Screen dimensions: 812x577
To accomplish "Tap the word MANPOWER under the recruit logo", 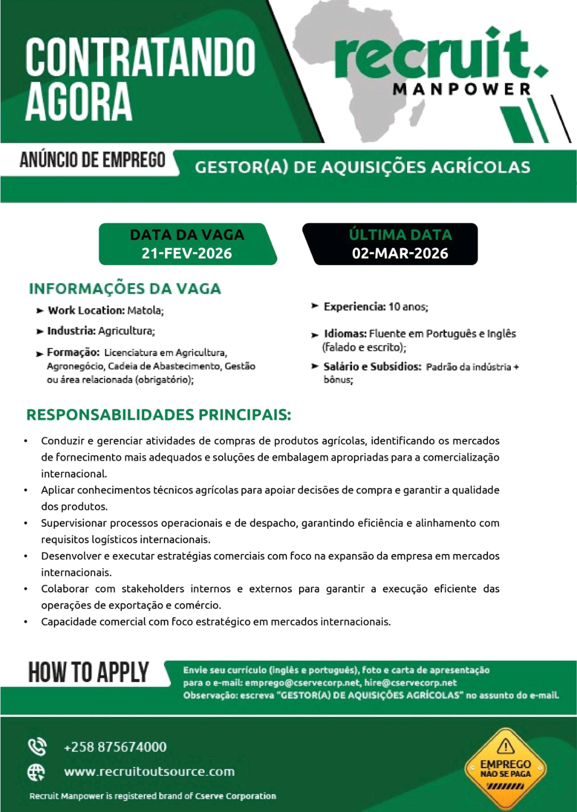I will (x=462, y=89).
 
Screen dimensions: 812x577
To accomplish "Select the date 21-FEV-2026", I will (x=186, y=253).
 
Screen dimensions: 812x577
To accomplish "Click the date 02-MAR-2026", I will (x=400, y=253).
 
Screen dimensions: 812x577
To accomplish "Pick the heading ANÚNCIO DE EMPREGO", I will (x=92, y=160).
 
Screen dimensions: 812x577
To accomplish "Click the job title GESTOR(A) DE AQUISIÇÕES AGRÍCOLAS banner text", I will (x=362, y=167).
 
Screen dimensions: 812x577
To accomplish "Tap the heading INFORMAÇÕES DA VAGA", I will (x=125, y=288).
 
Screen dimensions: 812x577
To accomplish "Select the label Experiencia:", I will (x=354, y=307).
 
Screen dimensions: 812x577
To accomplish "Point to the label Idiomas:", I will (x=345, y=334).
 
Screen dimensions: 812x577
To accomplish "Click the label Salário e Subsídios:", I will (x=372, y=366).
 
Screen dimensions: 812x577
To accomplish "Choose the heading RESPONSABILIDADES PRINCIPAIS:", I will (x=159, y=415).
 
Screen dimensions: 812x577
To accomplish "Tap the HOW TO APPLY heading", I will (x=89, y=673).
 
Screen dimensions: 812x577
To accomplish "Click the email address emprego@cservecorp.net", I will (x=302, y=683).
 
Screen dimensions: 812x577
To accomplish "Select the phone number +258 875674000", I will (x=115, y=747).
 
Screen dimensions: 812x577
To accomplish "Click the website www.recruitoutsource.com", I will (x=149, y=771).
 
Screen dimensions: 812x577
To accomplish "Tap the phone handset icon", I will (x=37, y=747).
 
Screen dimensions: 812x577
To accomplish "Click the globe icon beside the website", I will (x=36, y=772).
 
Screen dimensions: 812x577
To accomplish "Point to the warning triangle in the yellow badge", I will (x=505, y=746).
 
